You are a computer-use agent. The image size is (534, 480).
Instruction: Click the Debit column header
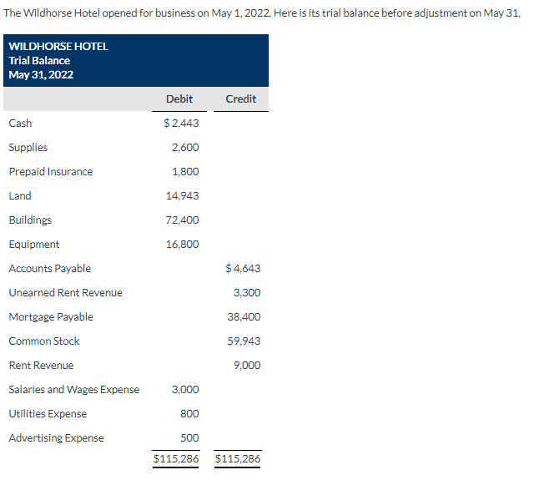pos(179,99)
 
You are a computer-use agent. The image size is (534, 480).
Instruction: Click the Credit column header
pos(241,99)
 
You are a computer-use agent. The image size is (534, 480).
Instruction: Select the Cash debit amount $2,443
pos(181,124)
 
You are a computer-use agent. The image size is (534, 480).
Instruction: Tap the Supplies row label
pos(28,148)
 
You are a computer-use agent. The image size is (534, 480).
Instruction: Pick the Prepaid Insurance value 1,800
pos(184,172)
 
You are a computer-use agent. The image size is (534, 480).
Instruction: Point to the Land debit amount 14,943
pos(183,196)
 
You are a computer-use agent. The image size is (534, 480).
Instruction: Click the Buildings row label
pos(30,220)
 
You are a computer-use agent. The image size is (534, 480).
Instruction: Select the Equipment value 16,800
pos(183,245)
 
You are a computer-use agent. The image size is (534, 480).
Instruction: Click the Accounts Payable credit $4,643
pos(243,269)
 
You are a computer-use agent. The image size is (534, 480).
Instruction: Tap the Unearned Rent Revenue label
pos(65,293)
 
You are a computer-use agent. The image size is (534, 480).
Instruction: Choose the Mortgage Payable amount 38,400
pos(244,317)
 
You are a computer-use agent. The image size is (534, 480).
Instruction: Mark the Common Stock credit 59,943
pos(244,341)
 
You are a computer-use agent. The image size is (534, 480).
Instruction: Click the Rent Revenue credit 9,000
pos(247,366)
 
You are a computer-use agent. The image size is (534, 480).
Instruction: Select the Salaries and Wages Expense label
pos(74,390)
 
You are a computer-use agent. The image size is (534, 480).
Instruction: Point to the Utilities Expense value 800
pos(189,414)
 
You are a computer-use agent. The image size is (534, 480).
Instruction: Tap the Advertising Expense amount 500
pos(189,438)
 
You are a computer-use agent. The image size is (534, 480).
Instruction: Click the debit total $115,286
pos(176,459)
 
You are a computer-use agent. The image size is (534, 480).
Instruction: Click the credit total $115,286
pos(238,459)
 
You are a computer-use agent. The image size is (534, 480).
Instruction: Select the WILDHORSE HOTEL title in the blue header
pos(58,47)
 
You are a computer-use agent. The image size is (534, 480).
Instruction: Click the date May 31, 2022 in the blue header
pos(41,75)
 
